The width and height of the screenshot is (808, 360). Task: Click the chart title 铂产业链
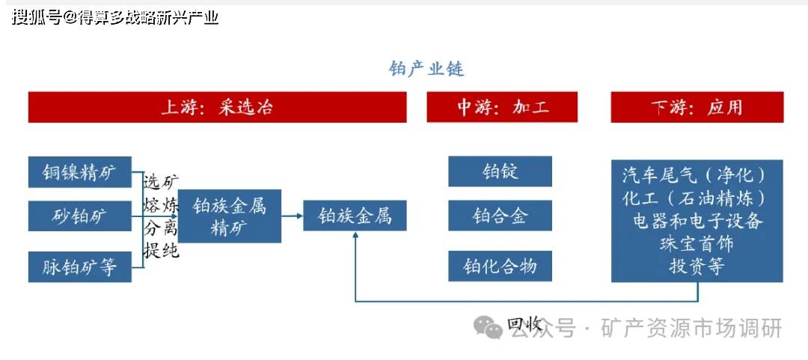(426, 69)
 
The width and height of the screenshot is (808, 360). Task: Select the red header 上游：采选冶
(218, 107)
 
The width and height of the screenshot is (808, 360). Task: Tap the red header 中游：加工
(502, 107)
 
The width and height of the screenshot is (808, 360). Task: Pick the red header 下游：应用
(697, 107)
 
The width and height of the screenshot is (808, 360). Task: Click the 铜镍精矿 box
(80, 172)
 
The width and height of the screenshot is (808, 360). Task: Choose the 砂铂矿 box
(80, 216)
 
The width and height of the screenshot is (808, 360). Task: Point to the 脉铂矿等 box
(80, 267)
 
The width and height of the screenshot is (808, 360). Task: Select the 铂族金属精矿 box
(230, 216)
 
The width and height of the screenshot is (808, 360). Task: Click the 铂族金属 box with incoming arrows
(355, 216)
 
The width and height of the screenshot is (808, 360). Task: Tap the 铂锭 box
(500, 171)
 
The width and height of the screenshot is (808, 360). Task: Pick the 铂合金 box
(500, 216)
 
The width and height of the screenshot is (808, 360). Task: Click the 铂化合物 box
(500, 266)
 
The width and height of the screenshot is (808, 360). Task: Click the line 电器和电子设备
(697, 222)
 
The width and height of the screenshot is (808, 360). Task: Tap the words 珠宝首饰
(697, 244)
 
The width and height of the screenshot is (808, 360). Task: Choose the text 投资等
(697, 266)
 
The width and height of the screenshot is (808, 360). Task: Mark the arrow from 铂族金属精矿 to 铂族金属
(293, 216)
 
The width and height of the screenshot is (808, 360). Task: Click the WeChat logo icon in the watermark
(488, 327)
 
